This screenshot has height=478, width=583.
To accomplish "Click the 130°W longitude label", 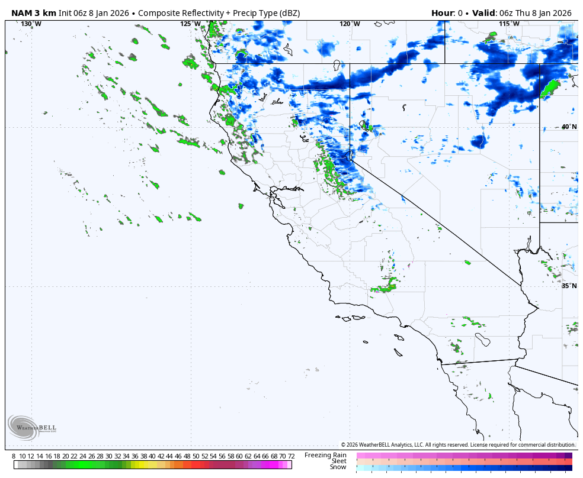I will click(x=31, y=24).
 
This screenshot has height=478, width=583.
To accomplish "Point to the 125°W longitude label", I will click(x=190, y=24).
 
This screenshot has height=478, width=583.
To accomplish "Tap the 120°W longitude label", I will click(x=350, y=24).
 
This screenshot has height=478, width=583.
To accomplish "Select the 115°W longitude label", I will click(x=509, y=24).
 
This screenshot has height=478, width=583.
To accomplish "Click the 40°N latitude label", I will click(x=568, y=127).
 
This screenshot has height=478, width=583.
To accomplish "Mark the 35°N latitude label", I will click(x=568, y=286).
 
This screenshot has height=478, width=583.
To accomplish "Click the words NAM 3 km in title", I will click(x=34, y=13).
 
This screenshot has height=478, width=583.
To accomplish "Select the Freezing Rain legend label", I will click(x=325, y=455).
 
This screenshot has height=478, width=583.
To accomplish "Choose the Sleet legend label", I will click(x=338, y=461).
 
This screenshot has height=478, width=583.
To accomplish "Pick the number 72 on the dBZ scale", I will click(x=291, y=456).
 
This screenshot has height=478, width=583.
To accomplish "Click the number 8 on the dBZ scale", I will click(x=14, y=456).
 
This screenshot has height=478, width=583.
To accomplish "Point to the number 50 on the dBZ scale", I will click(x=196, y=456).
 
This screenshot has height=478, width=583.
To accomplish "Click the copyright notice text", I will click(x=457, y=445).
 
